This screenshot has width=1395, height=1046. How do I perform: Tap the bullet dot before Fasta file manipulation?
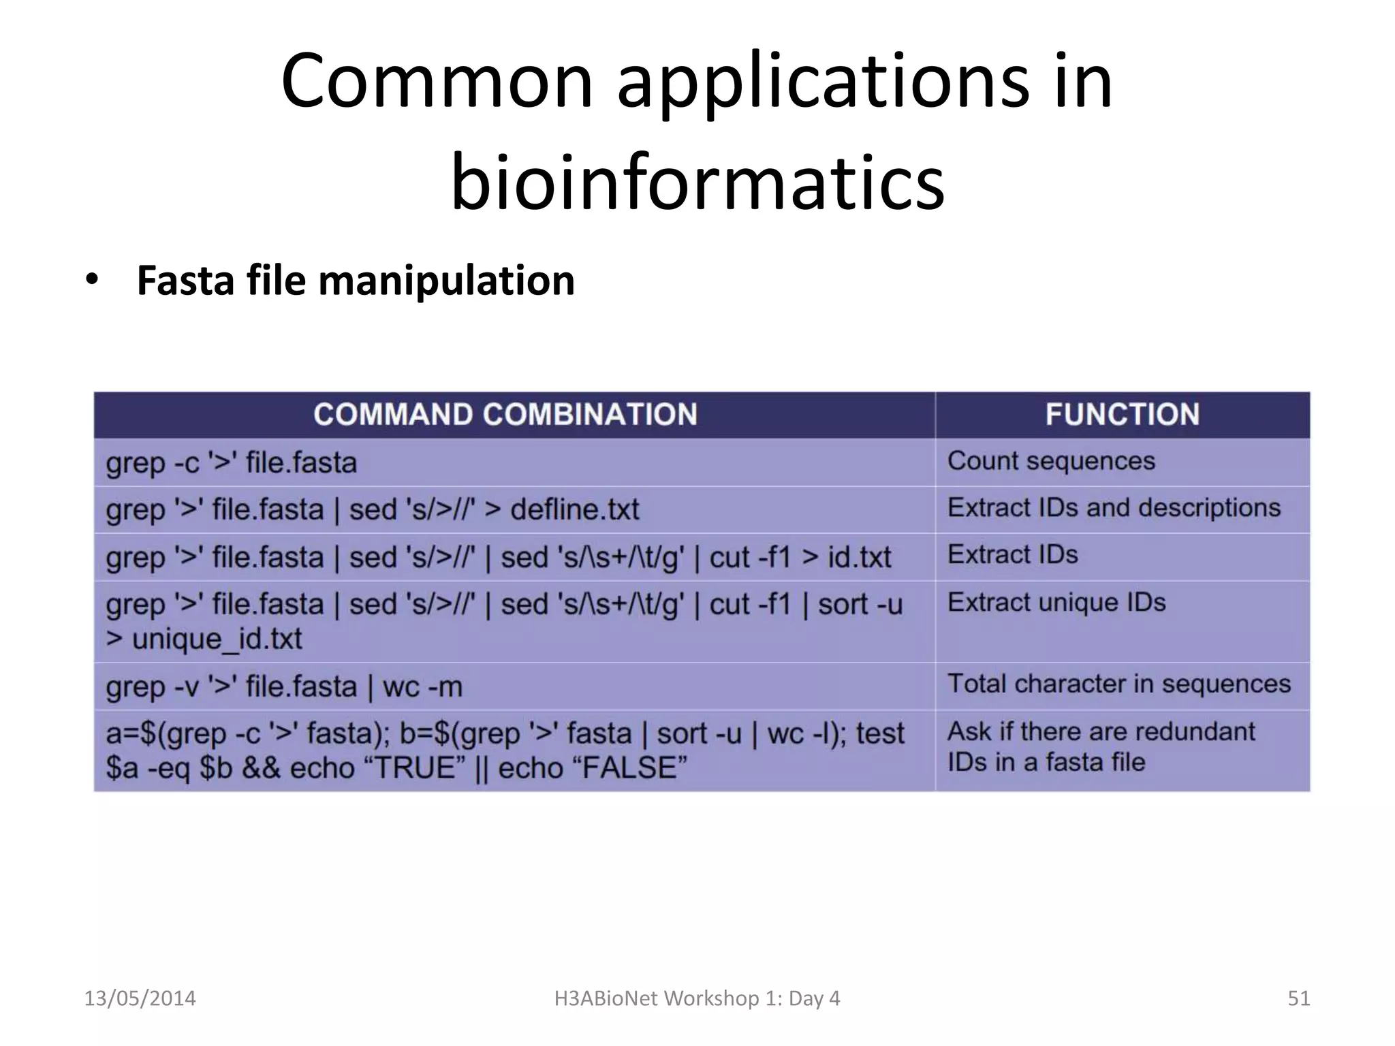point(92,281)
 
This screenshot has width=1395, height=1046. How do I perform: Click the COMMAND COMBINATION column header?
point(505,415)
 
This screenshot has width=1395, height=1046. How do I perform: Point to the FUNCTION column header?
point(1122,415)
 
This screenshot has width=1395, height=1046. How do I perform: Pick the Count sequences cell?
point(1051,461)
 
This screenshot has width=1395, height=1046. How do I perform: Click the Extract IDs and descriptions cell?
point(1114,508)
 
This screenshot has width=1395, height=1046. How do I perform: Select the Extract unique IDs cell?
point(1056,603)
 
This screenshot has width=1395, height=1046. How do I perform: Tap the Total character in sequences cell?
point(1118,684)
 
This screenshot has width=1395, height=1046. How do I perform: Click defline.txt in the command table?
point(575,509)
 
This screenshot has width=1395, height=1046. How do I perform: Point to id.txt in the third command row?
point(859,558)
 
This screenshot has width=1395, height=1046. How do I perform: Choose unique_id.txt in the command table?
point(217,639)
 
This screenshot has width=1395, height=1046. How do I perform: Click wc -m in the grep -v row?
point(422,687)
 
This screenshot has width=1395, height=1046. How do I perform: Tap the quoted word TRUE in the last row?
point(416,768)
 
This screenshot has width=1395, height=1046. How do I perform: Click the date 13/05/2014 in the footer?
point(140,998)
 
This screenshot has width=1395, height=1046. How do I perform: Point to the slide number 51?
point(1298,998)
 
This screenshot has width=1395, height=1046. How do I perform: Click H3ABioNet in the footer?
point(606,998)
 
